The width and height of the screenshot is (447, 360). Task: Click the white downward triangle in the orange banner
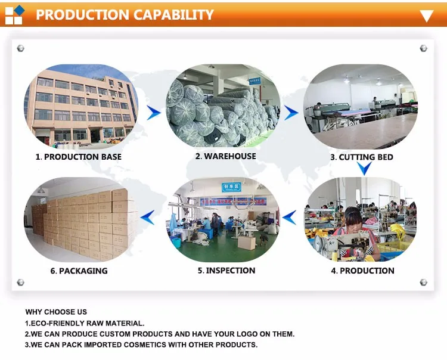click(427, 16)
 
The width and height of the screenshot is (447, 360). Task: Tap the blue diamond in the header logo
click(20, 11)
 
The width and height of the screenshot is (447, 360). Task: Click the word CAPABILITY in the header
click(173, 14)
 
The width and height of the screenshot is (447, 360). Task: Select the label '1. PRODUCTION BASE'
click(79, 157)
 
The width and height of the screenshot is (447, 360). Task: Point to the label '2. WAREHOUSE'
click(225, 156)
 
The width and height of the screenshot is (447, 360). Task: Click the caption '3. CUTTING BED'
click(362, 157)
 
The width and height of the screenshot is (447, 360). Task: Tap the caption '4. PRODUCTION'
click(362, 271)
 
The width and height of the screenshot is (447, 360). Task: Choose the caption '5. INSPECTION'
click(226, 270)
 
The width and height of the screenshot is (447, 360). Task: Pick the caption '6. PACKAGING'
click(79, 271)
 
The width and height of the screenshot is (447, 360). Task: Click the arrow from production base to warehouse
click(153, 113)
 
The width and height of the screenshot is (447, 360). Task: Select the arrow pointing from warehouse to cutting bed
click(291, 113)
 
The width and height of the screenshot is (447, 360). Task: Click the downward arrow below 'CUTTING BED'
click(364, 169)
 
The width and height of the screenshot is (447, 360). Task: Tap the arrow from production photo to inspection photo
click(289, 218)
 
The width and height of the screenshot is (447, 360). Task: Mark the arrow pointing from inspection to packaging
click(148, 218)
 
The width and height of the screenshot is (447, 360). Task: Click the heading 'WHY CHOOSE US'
click(56, 312)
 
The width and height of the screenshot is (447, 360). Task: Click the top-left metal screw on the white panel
click(20, 48)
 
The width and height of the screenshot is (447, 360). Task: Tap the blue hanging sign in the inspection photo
click(231, 187)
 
